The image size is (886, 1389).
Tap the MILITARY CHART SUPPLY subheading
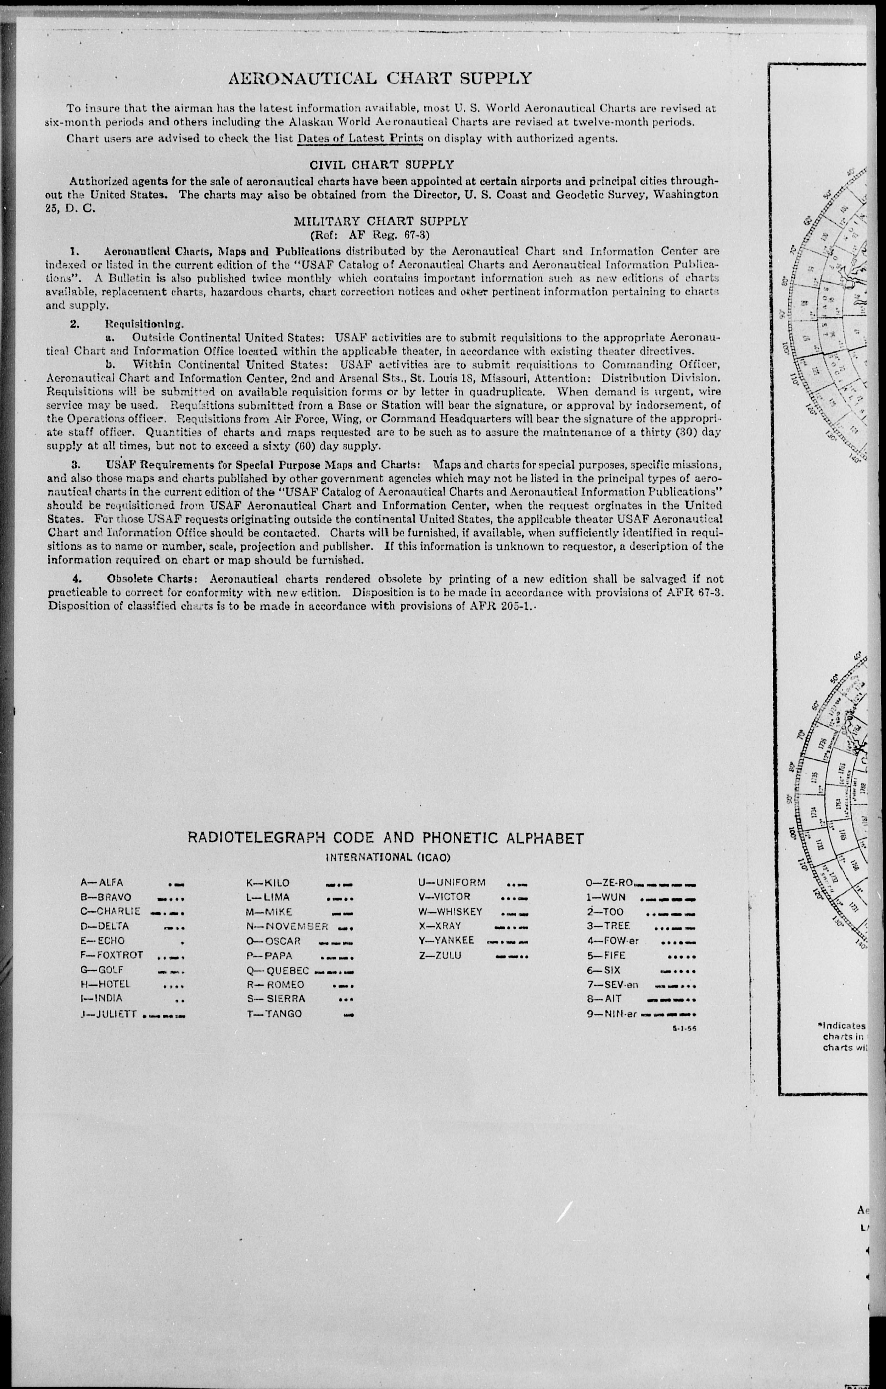[x=381, y=221]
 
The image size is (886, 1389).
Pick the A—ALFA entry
[x=102, y=882]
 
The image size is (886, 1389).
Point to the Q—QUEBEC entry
[x=278, y=970]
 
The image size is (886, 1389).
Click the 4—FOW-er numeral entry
[x=613, y=941]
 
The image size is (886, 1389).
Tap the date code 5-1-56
[x=684, y=1028]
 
